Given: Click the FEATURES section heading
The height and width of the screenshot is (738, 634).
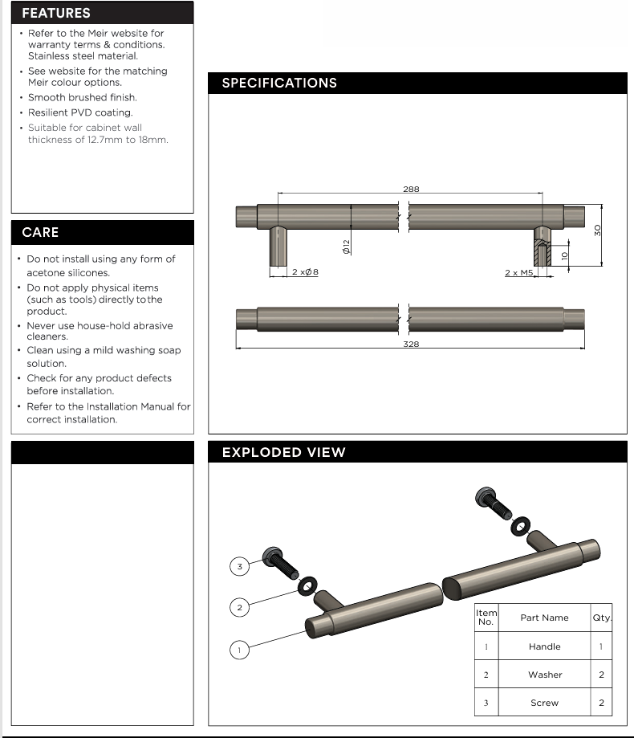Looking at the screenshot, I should pyautogui.click(x=56, y=13).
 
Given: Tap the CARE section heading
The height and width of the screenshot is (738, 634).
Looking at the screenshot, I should pyautogui.click(x=40, y=232).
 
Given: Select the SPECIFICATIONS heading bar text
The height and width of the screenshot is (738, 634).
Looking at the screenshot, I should pyautogui.click(x=279, y=84).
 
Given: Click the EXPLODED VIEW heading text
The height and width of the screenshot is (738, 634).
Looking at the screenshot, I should pyautogui.click(x=283, y=452).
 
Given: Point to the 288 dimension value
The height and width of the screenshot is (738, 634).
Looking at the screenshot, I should pyautogui.click(x=411, y=190).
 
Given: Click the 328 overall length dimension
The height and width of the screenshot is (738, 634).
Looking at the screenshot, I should pyautogui.click(x=411, y=344).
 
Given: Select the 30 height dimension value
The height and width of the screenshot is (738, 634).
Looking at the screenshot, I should pyautogui.click(x=598, y=230).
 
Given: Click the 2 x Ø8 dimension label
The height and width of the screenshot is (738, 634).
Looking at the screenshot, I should pyautogui.click(x=305, y=273).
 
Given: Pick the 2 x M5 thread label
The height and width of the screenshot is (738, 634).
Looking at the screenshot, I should pyautogui.click(x=519, y=273).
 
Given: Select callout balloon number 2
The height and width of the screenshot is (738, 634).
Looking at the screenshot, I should pyautogui.click(x=239, y=607).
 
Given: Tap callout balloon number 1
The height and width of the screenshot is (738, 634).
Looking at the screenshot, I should pyautogui.click(x=238, y=649).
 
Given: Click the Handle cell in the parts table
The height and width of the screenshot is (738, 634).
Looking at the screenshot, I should pyautogui.click(x=544, y=646).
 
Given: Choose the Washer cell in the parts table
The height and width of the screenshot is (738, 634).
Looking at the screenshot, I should pyautogui.click(x=544, y=675).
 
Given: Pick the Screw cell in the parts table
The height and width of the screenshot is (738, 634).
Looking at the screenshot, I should pyautogui.click(x=544, y=703).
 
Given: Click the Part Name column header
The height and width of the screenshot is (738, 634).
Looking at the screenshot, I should pyautogui.click(x=544, y=618).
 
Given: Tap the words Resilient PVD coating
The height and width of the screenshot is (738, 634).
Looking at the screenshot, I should pyautogui.click(x=80, y=112).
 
